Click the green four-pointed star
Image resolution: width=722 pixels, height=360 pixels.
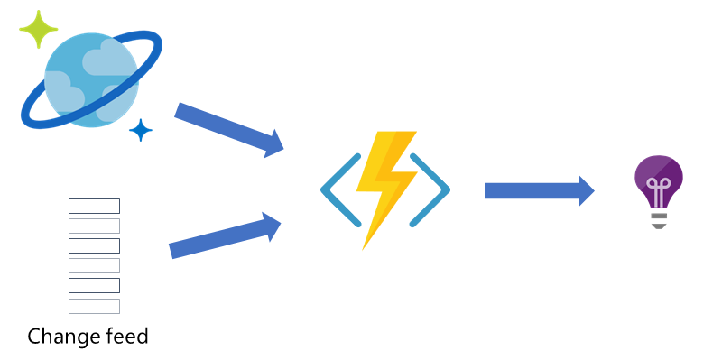coord(38,30)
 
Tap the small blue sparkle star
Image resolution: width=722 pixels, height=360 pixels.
coord(140,131)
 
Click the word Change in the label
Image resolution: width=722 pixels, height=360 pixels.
coord(63,337)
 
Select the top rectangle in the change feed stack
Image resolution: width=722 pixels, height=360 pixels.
coord(94,206)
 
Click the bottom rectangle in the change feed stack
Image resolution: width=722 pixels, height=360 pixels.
coord(94,306)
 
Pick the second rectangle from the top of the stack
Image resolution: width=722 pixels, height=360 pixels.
coord(94,226)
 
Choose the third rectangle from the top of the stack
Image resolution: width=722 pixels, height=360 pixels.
coord(94,245)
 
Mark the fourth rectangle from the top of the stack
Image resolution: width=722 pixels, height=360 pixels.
coord(94,265)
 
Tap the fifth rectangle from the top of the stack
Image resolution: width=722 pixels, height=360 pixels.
coord(94,285)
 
